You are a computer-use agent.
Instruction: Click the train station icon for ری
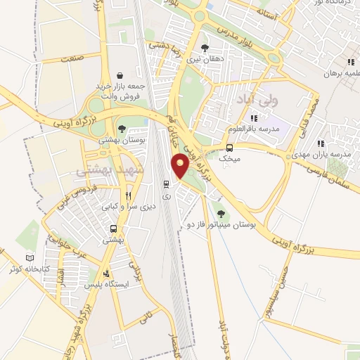coord(166,184)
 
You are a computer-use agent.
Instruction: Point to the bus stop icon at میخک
coord(230,148)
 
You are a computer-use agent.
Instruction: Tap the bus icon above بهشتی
coord(113,229)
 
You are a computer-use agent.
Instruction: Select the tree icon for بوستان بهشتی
coord(123,129)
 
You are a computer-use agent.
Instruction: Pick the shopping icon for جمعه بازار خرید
coord(120,75)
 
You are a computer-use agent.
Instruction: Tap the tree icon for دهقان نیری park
coord(205,48)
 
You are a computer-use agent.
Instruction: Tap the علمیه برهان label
coord(340,72)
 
